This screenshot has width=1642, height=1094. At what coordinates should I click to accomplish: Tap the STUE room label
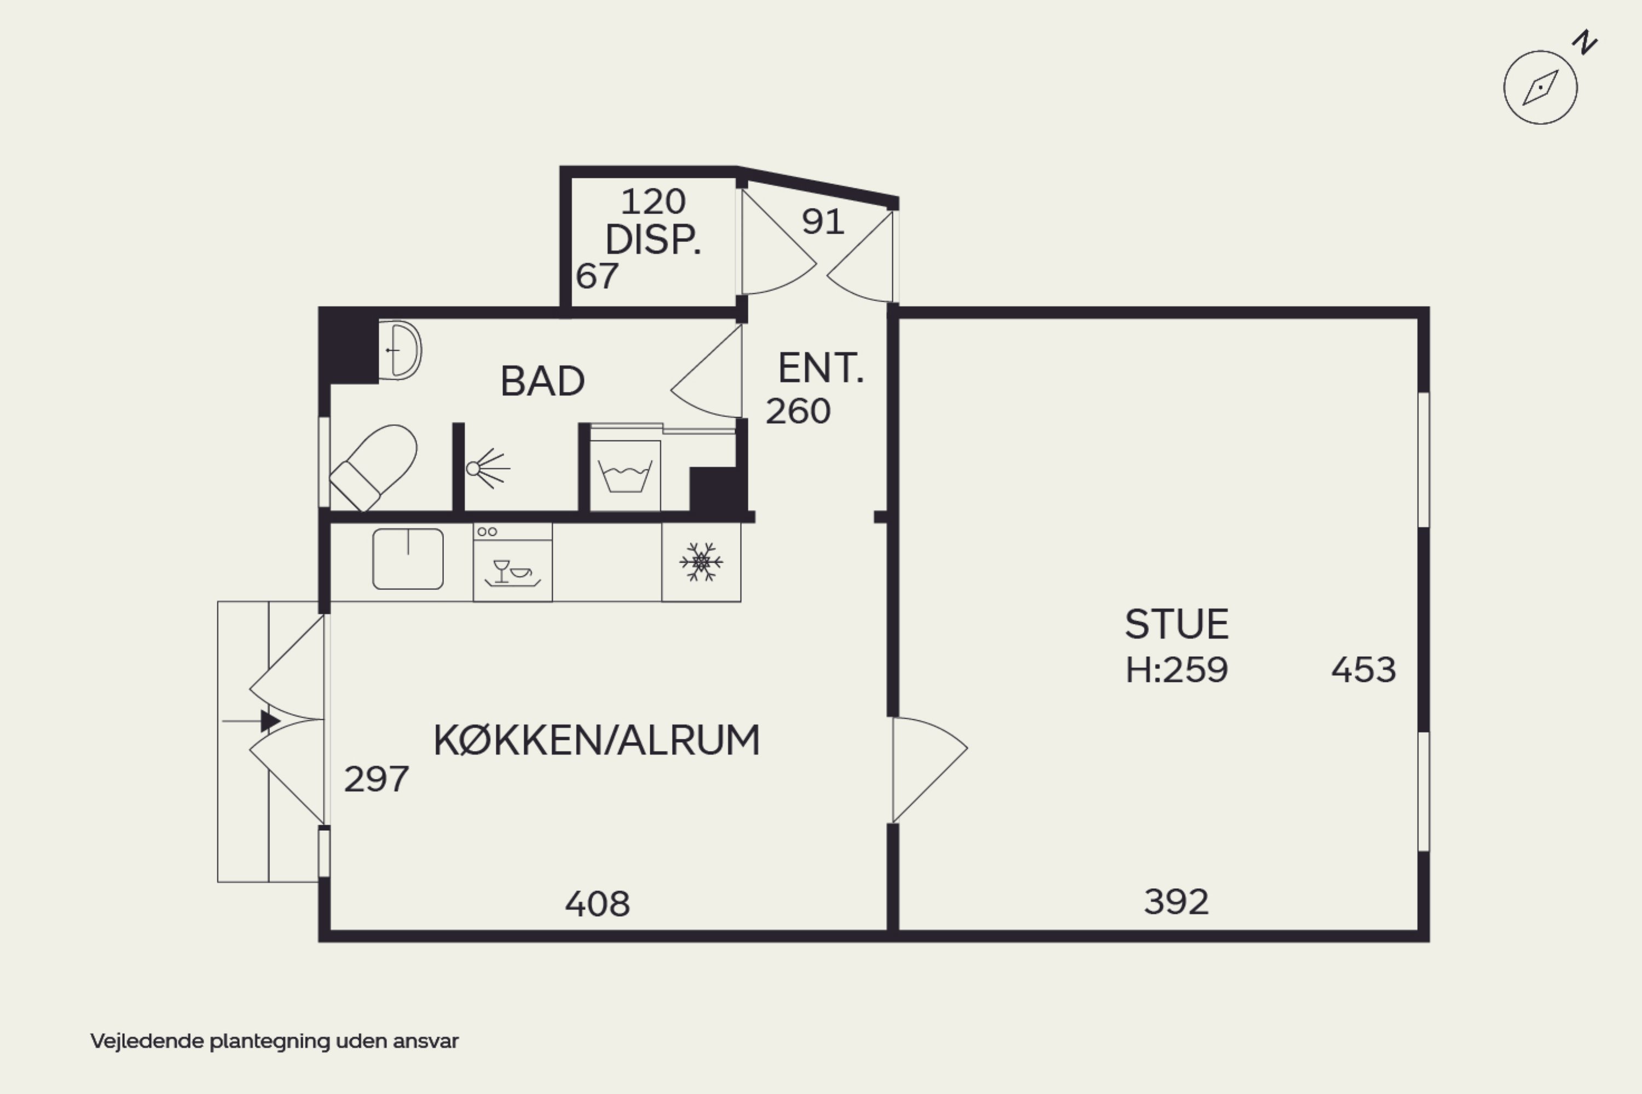[x=1177, y=624]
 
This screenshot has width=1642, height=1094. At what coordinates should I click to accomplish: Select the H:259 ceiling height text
[x=1177, y=670]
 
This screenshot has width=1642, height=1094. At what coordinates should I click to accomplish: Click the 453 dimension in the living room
[x=1363, y=670]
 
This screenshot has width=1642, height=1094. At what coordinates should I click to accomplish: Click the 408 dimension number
[x=597, y=904]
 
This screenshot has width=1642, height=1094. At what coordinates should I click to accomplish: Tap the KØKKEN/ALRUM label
[x=597, y=740]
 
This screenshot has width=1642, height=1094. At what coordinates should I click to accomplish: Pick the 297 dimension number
[x=376, y=779]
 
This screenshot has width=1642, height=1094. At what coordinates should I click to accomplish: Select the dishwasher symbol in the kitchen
[x=513, y=563]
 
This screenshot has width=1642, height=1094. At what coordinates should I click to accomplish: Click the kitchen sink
[x=408, y=559]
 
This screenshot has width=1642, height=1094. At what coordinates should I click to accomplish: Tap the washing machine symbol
[x=625, y=475]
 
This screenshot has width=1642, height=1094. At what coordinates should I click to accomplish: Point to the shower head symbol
[x=488, y=468]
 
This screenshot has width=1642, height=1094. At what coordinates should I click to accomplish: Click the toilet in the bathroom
[x=374, y=467]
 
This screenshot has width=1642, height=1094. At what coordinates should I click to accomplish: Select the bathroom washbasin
[x=401, y=350]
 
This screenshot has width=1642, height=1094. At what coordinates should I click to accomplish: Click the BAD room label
[x=543, y=381]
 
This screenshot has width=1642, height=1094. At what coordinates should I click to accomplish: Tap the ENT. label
[x=820, y=368]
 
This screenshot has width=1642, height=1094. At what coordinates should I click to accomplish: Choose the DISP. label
[x=652, y=240]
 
